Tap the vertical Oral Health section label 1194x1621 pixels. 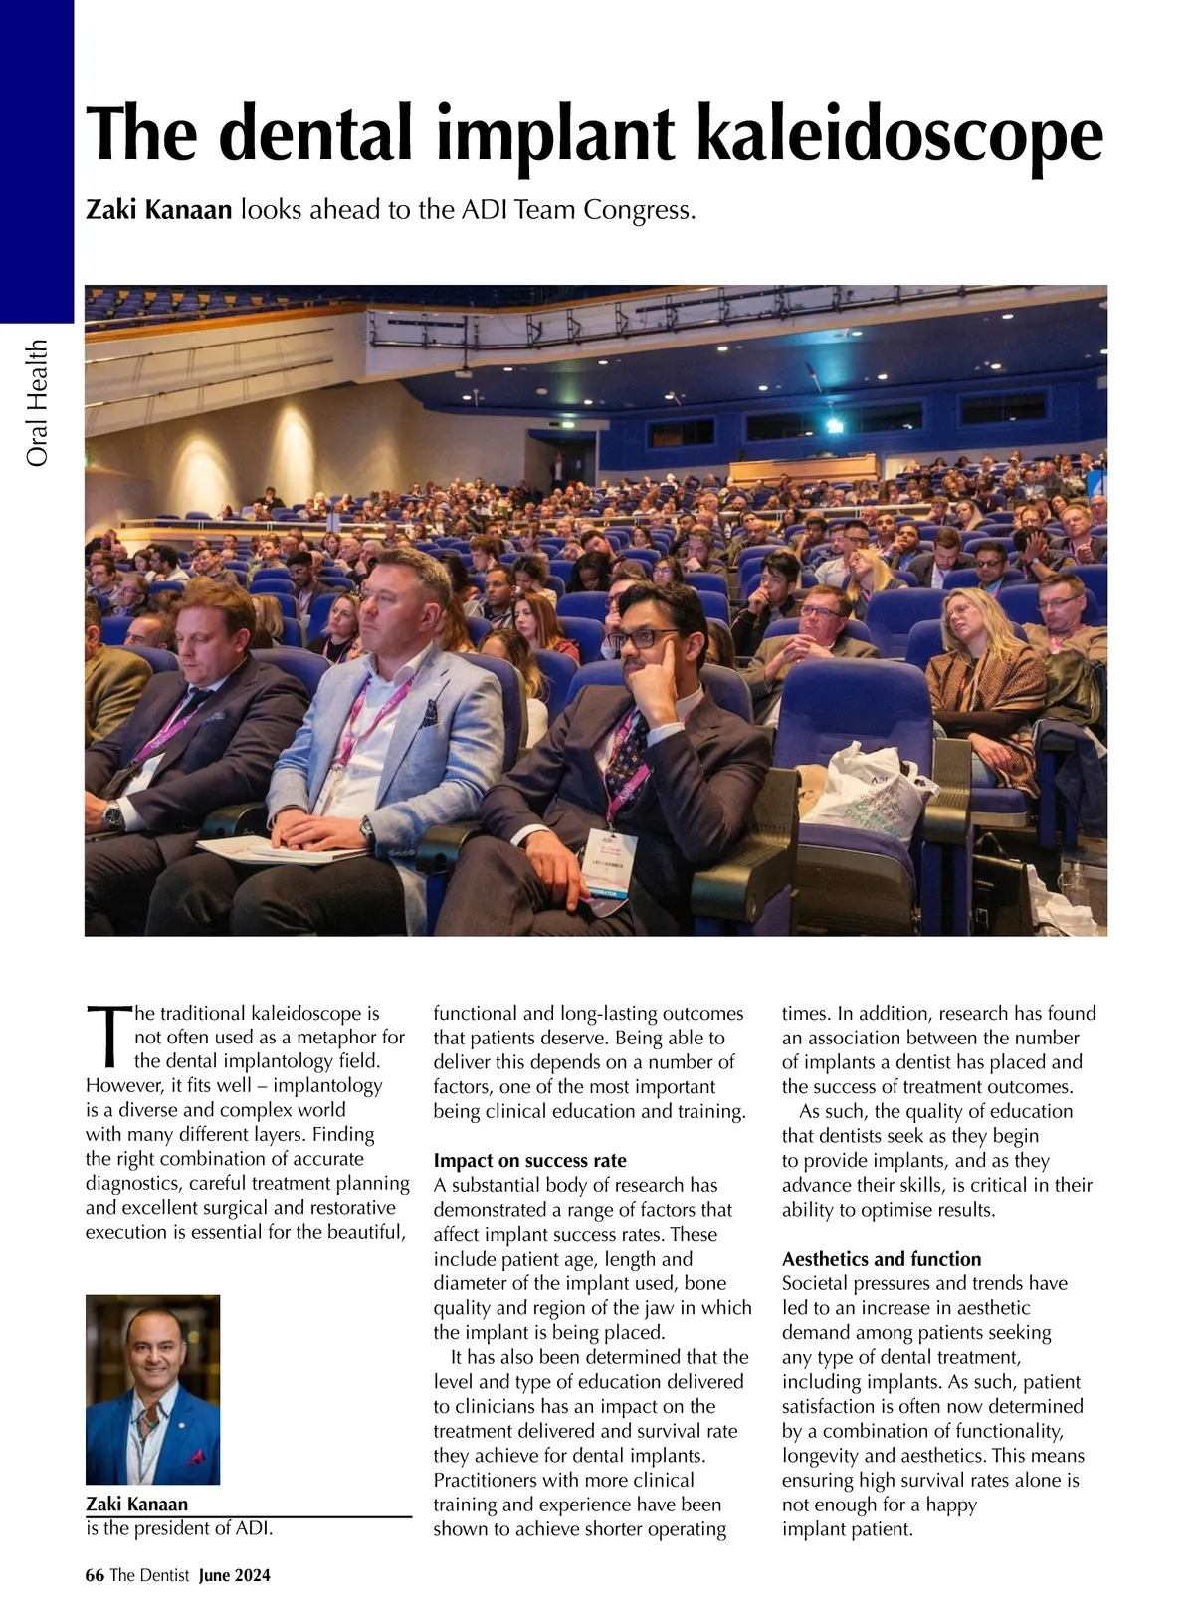pyautogui.click(x=38, y=402)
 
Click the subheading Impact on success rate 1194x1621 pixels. pyautogui.click(x=529, y=1160)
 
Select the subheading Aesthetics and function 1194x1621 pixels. pyautogui.click(x=881, y=1259)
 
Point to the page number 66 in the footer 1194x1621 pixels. pyautogui.click(x=95, y=1575)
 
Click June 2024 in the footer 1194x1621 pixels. pyautogui.click(x=235, y=1575)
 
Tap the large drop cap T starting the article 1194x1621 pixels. pyautogui.click(x=107, y=1036)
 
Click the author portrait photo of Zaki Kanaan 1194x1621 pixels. pyautogui.click(x=152, y=1389)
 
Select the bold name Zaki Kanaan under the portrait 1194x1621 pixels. pyautogui.click(x=137, y=1504)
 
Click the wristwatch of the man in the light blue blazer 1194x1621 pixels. pyautogui.click(x=367, y=825)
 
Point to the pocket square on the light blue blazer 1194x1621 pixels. pyautogui.click(x=428, y=713)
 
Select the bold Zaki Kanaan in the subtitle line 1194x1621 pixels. pyautogui.click(x=159, y=211)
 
